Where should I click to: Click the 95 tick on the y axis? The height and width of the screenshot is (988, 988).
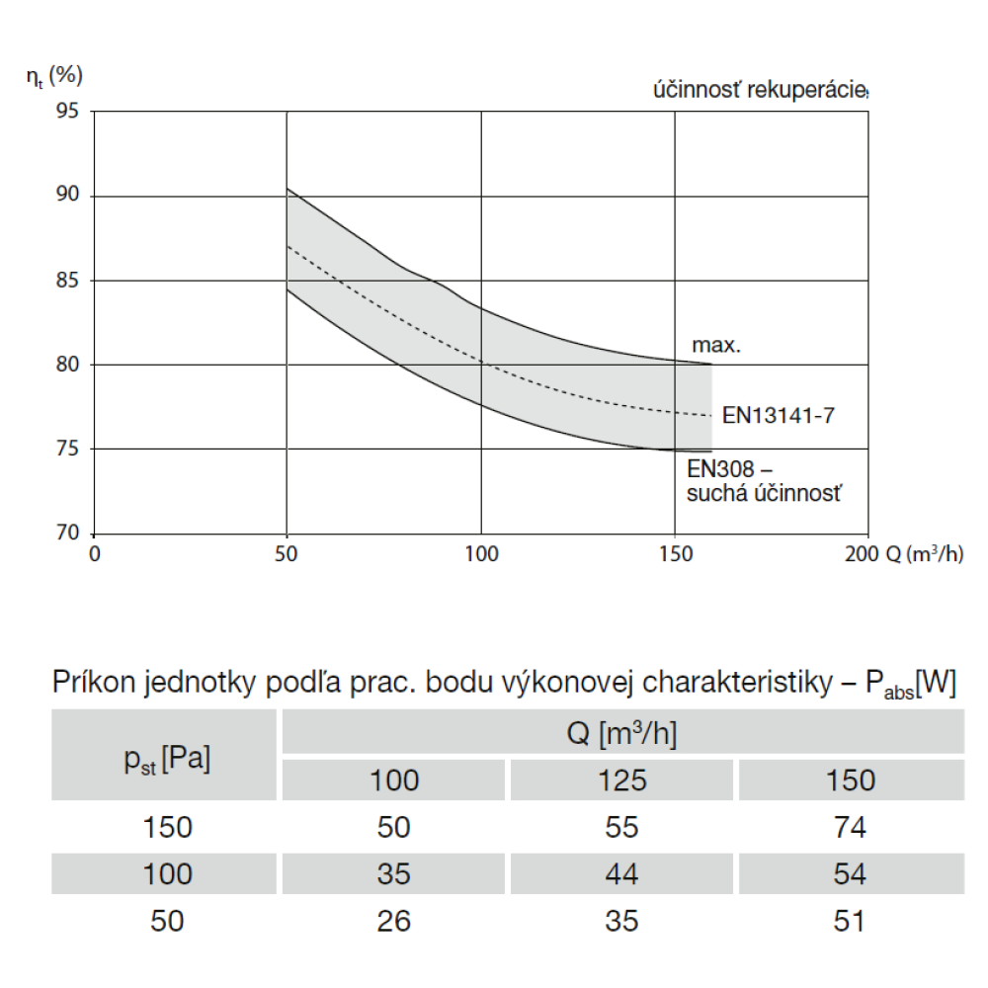point(68,111)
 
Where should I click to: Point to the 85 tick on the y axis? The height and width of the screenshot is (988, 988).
point(68,281)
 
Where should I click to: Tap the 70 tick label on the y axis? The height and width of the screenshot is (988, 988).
point(68,534)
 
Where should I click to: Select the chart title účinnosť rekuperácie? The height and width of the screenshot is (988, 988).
point(759,91)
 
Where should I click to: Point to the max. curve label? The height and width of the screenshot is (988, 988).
point(716,346)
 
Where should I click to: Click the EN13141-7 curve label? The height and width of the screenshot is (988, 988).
point(779,415)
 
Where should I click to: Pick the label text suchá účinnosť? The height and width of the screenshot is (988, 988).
point(765,492)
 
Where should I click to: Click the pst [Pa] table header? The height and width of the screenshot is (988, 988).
point(167,759)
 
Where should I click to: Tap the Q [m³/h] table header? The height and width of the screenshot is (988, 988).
point(622,734)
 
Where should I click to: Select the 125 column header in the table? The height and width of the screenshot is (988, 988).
point(622,781)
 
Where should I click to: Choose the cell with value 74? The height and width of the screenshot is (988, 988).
point(850,827)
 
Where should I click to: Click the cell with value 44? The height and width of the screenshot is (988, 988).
point(622,874)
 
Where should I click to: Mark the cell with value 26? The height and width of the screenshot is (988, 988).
point(393,921)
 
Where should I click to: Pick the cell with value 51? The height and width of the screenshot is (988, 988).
point(850,921)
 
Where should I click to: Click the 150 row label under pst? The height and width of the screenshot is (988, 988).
point(167,827)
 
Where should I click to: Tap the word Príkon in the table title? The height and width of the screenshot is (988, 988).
point(96,684)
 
